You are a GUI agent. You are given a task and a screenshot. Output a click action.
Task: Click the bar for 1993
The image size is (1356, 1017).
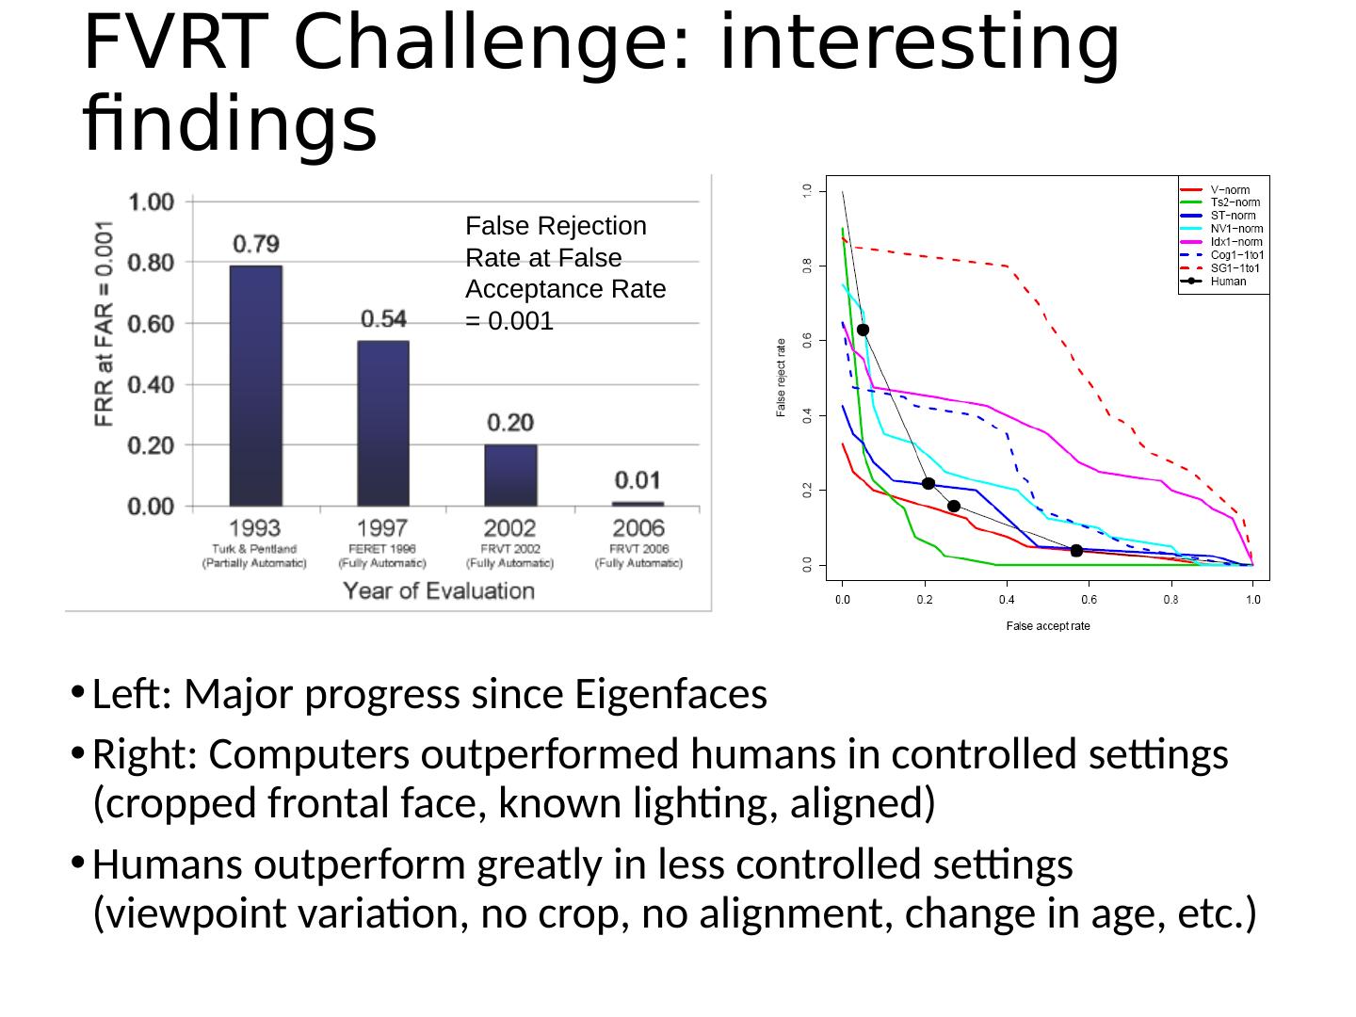(x=255, y=386)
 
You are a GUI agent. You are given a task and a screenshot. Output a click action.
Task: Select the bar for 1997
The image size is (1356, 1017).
(x=382, y=424)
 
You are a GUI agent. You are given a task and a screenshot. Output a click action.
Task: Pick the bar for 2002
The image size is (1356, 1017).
(x=510, y=476)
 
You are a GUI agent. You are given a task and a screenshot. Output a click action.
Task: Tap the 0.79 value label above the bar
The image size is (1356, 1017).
(x=255, y=245)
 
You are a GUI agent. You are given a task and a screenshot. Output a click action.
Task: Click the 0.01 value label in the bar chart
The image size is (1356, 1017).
(x=638, y=480)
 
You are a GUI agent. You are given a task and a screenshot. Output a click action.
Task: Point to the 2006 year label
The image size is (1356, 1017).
(x=638, y=528)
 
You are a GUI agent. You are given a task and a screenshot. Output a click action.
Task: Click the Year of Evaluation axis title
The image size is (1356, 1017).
(x=438, y=590)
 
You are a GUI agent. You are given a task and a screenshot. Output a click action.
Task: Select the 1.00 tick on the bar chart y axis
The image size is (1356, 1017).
(x=151, y=202)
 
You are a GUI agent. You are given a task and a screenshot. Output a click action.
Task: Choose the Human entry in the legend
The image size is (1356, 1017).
(x=1228, y=281)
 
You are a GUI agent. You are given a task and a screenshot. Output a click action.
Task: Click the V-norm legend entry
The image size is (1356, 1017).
(x=1230, y=190)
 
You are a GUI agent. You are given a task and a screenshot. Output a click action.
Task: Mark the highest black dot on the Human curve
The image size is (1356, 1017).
(x=863, y=330)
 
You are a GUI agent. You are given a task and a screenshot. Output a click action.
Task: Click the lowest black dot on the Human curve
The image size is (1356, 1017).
(x=1076, y=551)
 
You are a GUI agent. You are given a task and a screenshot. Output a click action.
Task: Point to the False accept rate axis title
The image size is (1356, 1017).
(x=1047, y=626)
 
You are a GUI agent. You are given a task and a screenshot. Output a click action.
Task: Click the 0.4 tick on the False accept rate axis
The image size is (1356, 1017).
(x=1007, y=599)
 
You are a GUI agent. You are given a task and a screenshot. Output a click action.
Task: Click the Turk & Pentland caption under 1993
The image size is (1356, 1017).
(x=254, y=548)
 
